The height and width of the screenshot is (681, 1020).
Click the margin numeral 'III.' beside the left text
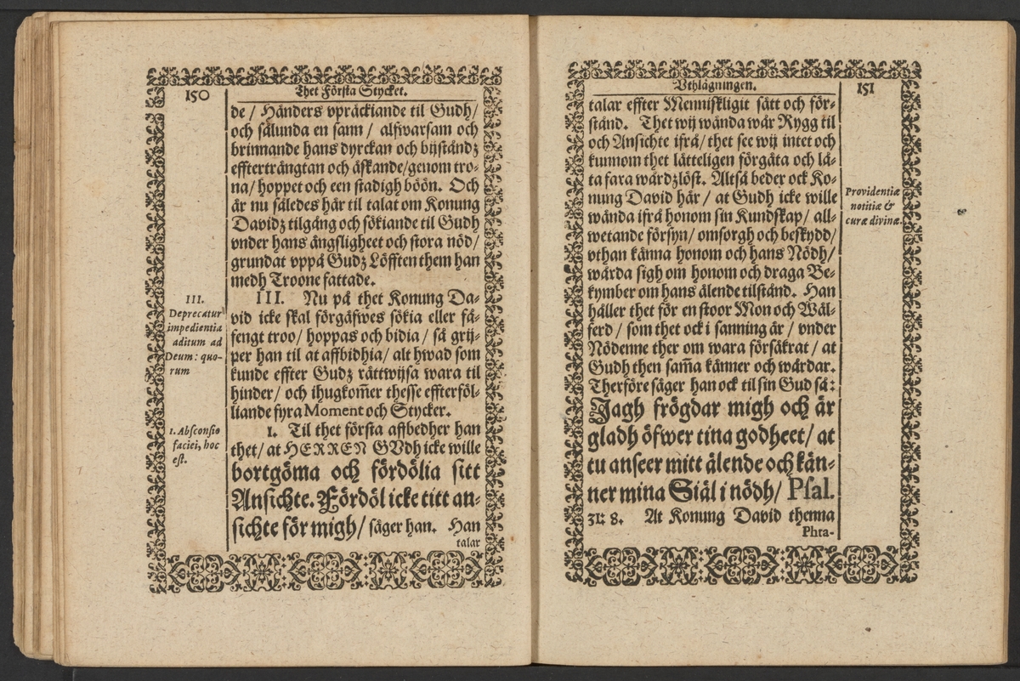point(195,298)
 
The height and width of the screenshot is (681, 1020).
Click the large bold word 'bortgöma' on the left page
point(269,471)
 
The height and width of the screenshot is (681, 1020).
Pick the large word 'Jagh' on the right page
point(616,412)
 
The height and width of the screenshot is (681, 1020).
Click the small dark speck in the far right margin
point(960,212)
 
